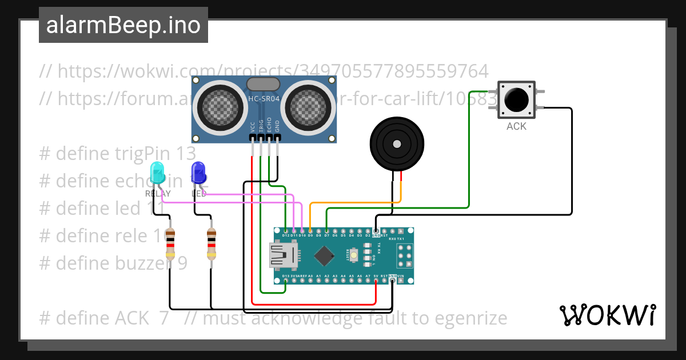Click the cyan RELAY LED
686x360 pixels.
156,172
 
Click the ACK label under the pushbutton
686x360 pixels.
516,126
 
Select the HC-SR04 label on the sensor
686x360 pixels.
264,99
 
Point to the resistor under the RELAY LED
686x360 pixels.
170,244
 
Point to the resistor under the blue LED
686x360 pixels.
212,244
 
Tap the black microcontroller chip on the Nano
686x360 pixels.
324,255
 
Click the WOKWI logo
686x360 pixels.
607,315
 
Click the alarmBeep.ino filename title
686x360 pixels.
123,25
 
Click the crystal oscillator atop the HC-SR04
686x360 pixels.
263,84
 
